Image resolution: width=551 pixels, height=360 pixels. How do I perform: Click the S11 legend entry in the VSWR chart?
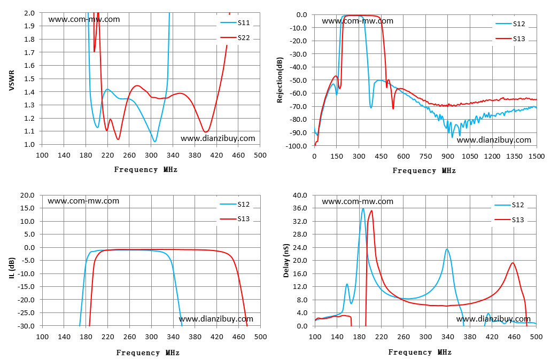[235, 23]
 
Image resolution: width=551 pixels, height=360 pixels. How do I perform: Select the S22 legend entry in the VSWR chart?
[235, 37]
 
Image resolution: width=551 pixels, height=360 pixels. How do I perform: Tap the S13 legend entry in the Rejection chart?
[510, 38]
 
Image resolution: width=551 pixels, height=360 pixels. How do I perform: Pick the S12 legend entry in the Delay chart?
[509, 205]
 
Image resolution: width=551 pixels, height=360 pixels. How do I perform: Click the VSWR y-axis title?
[12, 80]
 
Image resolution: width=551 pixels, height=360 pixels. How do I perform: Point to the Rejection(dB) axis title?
[280, 80]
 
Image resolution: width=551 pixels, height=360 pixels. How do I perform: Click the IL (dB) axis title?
[12, 268]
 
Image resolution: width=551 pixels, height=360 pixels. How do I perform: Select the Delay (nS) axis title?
[286, 260]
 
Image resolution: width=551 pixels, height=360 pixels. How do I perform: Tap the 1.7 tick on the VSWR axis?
[29, 52]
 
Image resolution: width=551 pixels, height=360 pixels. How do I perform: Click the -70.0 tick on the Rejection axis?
[298, 106]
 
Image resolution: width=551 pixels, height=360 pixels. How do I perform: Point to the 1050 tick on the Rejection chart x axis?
[470, 156]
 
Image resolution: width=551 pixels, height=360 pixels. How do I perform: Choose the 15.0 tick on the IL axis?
[27, 208]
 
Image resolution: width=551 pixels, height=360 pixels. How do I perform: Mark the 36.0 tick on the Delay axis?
[300, 208]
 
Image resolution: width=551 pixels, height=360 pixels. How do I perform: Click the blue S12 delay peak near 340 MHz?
[447, 249]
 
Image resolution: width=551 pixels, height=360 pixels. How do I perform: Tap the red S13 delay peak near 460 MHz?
[513, 263]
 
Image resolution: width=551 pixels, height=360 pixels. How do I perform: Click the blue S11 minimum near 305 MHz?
[154, 141]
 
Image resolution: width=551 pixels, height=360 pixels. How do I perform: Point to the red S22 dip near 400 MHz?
[206, 132]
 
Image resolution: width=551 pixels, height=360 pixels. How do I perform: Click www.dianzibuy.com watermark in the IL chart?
[216, 319]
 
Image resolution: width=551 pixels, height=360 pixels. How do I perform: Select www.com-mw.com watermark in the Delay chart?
[358, 201]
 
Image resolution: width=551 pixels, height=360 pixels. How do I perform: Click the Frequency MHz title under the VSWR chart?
[146, 170]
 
